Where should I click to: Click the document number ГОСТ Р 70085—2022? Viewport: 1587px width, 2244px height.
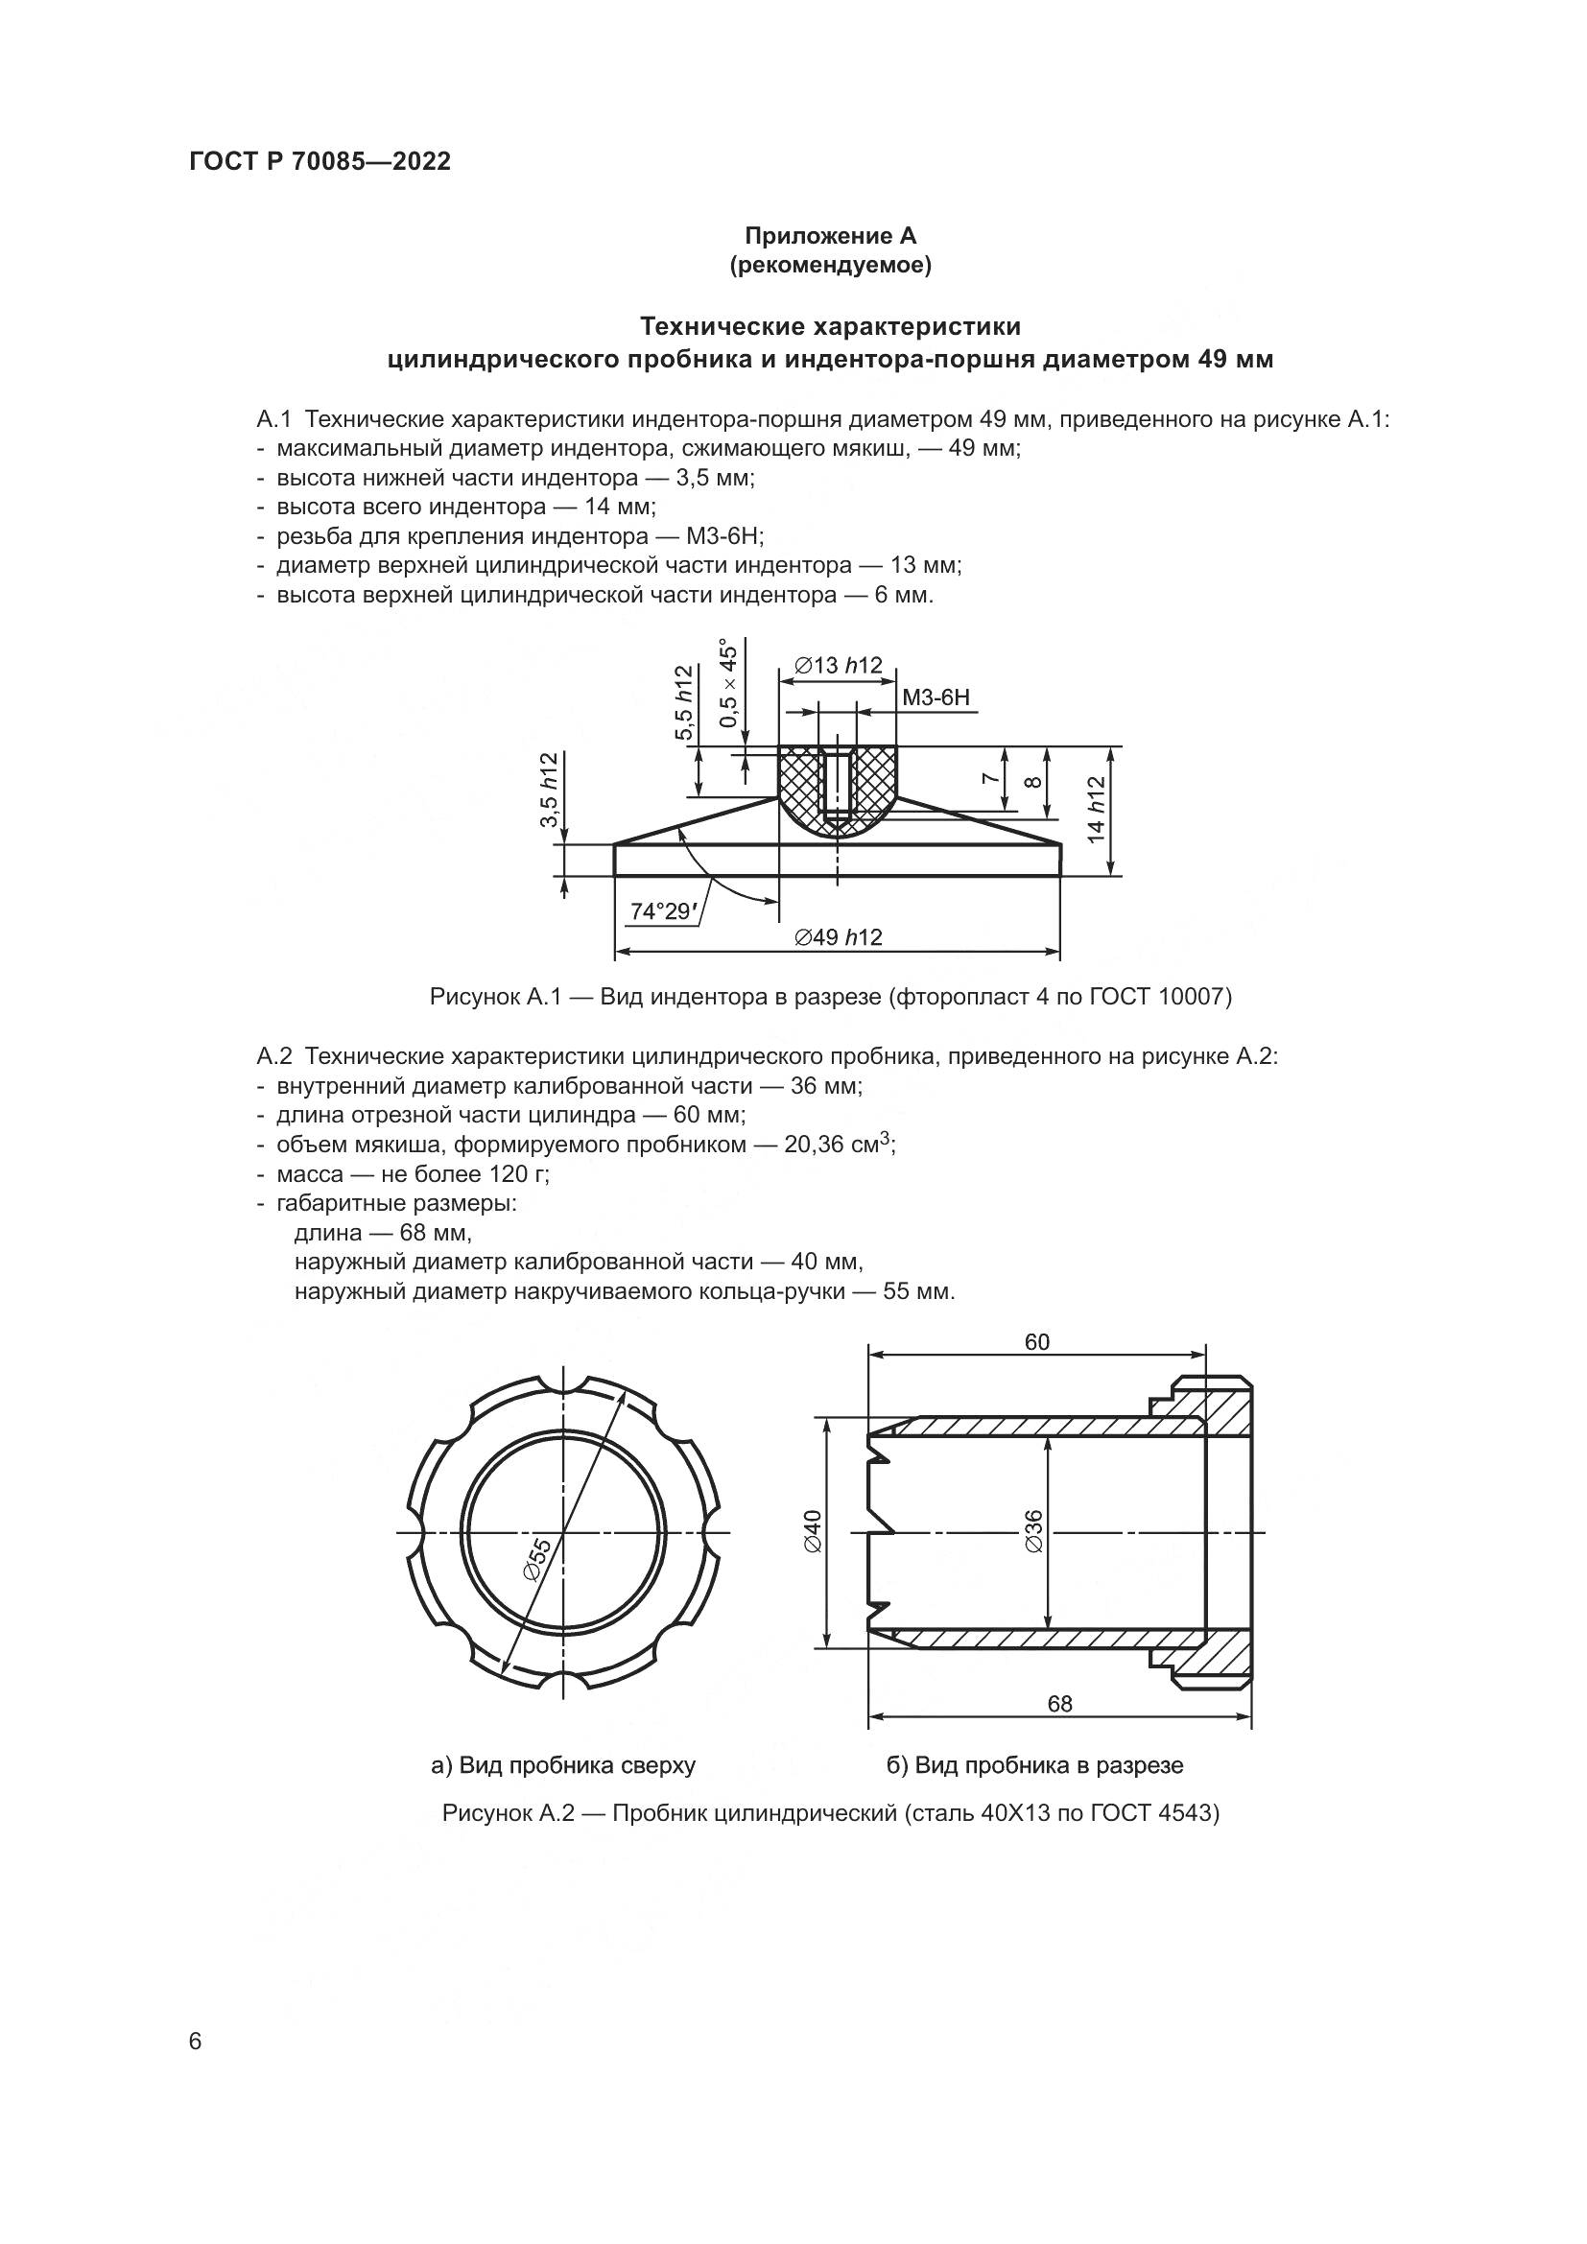(x=320, y=162)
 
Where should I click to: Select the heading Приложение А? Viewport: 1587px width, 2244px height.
(x=830, y=236)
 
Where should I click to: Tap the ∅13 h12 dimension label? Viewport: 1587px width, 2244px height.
(x=838, y=666)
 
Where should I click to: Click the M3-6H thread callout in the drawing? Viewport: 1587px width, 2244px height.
(x=936, y=697)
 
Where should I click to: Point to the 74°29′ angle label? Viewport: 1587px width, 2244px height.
(x=660, y=910)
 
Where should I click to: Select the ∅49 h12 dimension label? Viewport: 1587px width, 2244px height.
(x=838, y=937)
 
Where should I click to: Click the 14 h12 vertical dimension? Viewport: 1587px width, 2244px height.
(x=1096, y=810)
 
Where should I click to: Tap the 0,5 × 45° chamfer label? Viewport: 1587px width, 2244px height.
(x=728, y=685)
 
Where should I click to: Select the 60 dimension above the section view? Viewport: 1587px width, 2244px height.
(x=1037, y=1342)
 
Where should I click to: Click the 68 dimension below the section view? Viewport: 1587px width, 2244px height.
(x=1059, y=1704)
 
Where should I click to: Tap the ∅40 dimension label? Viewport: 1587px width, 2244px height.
(x=814, y=1529)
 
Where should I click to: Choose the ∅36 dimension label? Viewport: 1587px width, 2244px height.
(x=1034, y=1529)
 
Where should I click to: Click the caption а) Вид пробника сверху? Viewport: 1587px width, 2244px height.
(x=563, y=1765)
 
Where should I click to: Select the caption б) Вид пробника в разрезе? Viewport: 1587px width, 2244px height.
(x=1034, y=1765)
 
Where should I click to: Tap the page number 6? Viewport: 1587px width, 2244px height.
(x=195, y=2042)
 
